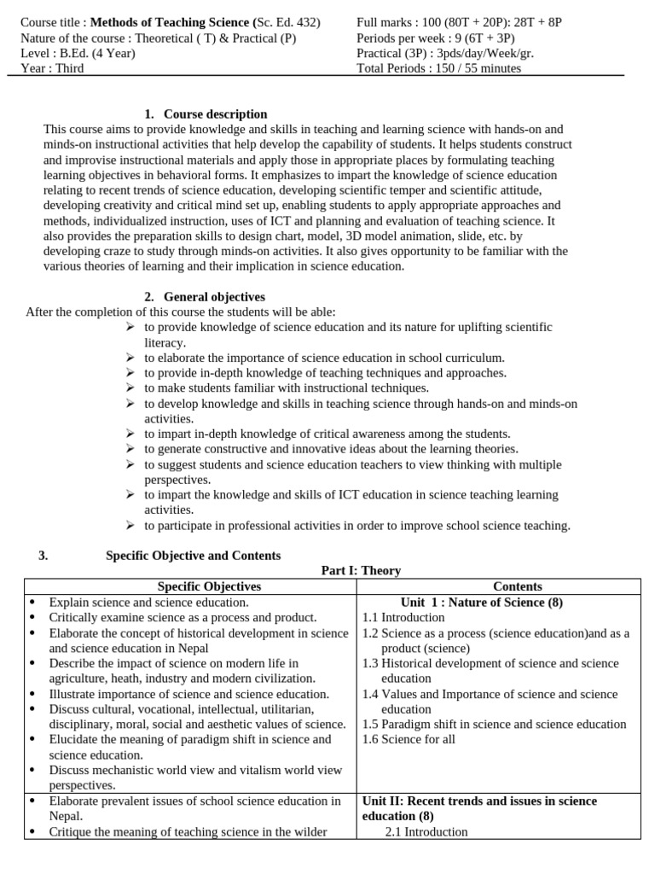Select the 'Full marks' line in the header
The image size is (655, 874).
pos(459,22)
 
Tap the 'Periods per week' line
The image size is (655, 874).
pos(435,38)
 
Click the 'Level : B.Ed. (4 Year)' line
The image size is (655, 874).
pos(78,53)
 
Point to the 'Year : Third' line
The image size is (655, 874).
pos(52,68)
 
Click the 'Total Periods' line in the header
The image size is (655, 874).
pos(438,68)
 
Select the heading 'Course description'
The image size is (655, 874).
pos(215,114)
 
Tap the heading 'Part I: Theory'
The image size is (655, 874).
pos(361,570)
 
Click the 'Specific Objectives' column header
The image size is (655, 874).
pos(209,586)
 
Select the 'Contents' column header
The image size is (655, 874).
pos(517,586)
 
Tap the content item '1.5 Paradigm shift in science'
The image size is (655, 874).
pos(494,724)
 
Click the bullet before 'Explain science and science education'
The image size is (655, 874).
pos(32,603)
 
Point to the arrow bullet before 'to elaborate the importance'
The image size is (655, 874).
pos(130,358)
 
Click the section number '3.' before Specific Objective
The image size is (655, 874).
pos(43,555)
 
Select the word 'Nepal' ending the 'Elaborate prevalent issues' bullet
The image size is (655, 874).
pos(66,816)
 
